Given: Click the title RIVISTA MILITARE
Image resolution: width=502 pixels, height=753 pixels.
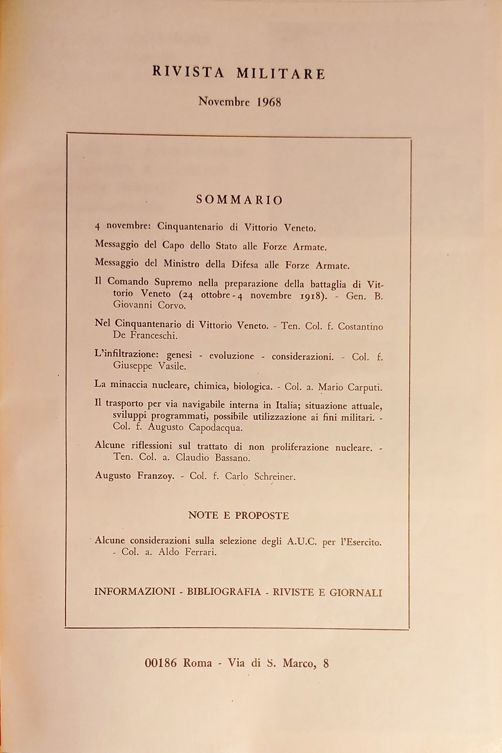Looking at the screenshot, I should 238,73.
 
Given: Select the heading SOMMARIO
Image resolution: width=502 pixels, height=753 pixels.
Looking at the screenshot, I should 239,200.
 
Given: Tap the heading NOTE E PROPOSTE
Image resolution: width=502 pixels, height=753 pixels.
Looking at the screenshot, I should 238,515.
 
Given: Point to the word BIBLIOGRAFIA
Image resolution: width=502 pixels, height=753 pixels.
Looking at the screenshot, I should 224,592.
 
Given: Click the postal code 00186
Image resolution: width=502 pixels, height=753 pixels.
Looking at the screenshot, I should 161,662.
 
